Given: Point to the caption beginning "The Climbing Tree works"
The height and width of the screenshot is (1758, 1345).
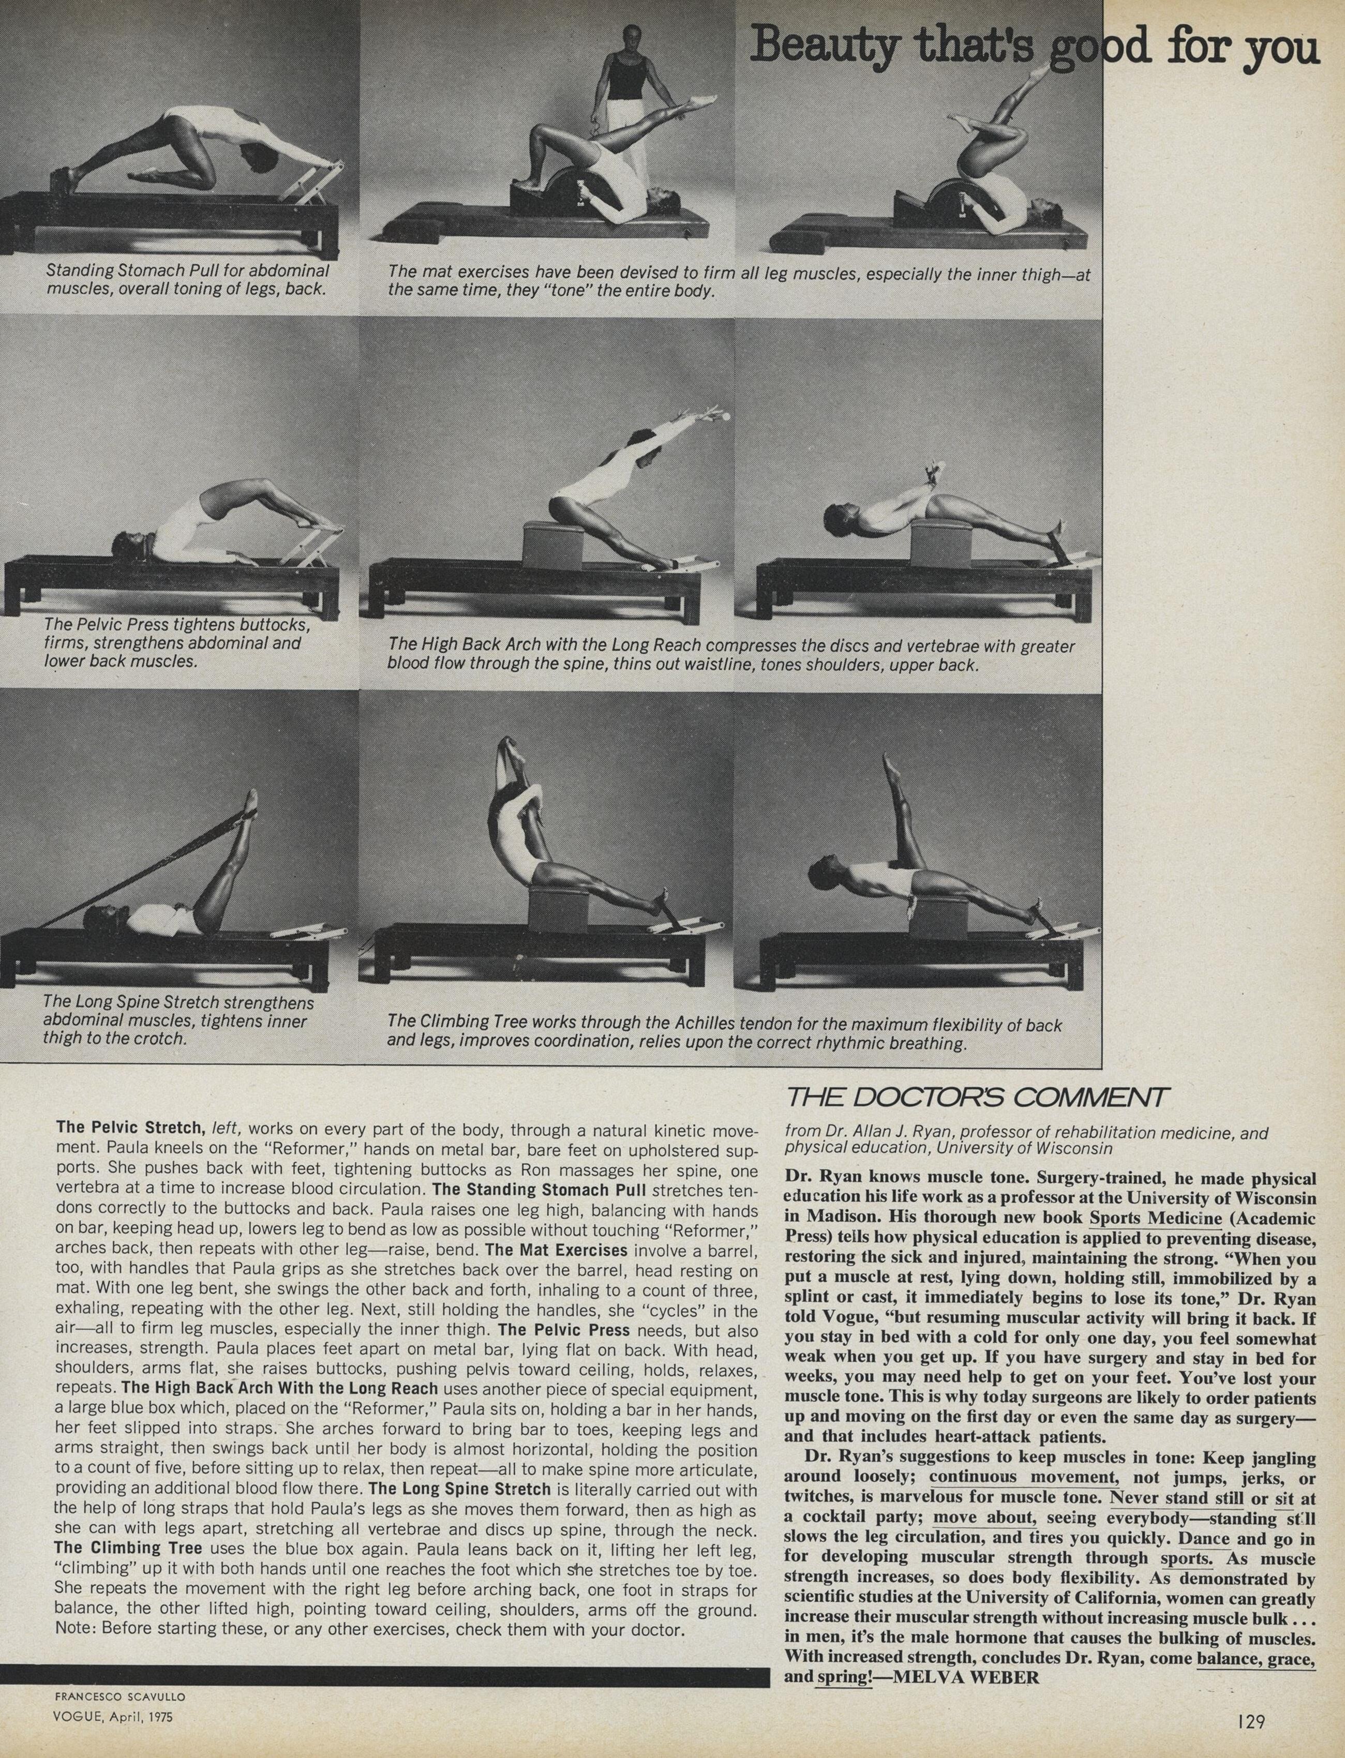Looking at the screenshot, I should point(725,1033).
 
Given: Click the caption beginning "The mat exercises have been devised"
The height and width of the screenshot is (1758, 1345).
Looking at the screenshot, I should point(738,280).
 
